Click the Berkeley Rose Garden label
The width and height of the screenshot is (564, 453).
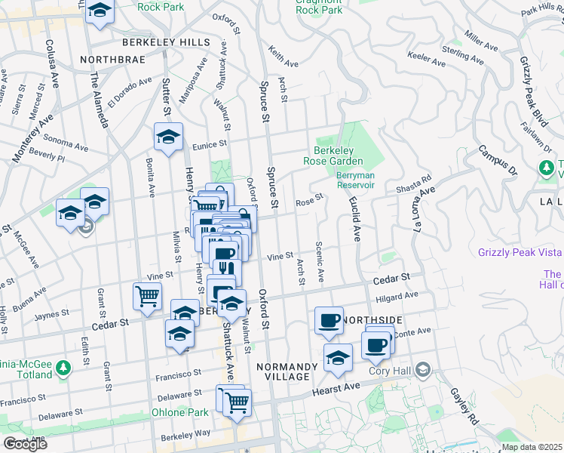coord(333,156)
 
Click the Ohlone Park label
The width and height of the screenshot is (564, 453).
coord(179,413)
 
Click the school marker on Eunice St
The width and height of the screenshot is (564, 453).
coord(169,137)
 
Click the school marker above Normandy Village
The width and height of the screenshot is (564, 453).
coord(338,358)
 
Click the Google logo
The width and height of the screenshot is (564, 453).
coord(25,444)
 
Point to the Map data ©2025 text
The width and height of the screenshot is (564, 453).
coord(532,447)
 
